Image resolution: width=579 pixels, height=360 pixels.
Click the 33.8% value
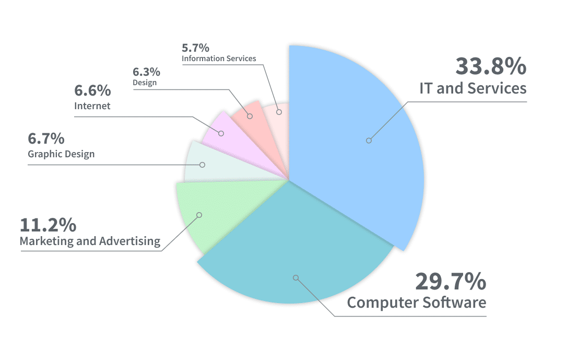point(491,66)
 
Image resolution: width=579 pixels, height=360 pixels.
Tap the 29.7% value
point(451,282)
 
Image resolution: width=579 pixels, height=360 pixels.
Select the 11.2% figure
point(48,225)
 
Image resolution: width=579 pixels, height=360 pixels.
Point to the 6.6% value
point(92,90)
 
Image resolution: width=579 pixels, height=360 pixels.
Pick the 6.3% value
point(146,72)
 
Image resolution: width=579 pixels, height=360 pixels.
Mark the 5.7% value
point(195,47)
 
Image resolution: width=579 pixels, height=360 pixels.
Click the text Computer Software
point(417,303)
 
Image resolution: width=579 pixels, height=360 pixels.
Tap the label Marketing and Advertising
point(90,241)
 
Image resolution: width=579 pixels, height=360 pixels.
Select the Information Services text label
point(219,59)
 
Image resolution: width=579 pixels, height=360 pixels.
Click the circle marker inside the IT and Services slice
point(369,140)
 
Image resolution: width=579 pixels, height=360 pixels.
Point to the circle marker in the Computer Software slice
point(296,277)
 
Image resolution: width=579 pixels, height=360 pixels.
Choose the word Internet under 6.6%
point(92,106)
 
